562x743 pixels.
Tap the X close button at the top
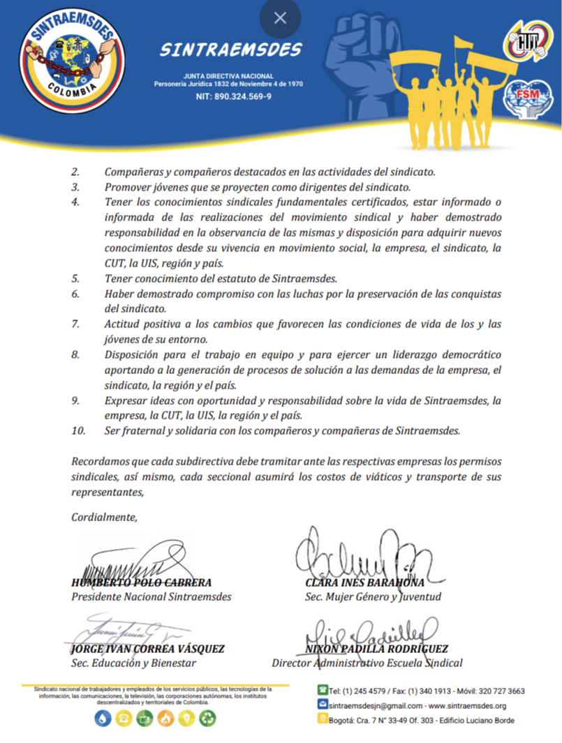[280, 18]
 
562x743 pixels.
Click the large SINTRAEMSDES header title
[231, 50]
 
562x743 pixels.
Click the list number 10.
[78, 430]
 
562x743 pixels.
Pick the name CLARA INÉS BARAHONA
[365, 583]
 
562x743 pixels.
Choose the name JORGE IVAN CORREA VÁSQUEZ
[148, 649]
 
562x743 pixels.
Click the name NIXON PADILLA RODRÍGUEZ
[377, 649]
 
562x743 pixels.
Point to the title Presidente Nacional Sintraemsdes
[151, 597]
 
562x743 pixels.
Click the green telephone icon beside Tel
[323, 691]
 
